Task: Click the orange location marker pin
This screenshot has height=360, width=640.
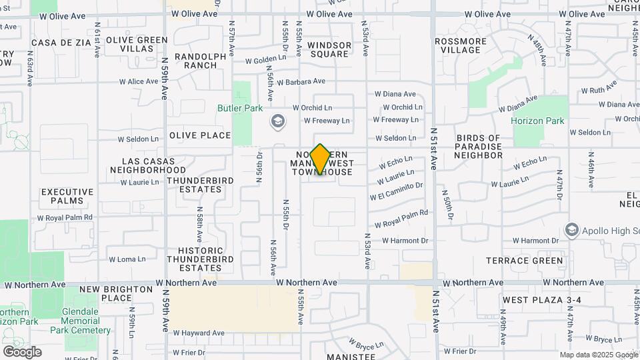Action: point(321,159)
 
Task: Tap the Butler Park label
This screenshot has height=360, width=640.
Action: point(240,108)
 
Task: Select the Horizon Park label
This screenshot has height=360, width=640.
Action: point(537,121)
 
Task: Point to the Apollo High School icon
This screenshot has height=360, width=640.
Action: point(571,230)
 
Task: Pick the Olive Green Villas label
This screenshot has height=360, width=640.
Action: point(137,44)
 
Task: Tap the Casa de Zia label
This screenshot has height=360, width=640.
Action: point(56,42)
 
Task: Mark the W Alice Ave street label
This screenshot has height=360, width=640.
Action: point(139,81)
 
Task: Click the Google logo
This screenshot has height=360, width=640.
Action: point(22,352)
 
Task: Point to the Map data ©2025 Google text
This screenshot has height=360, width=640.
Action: point(598,355)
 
